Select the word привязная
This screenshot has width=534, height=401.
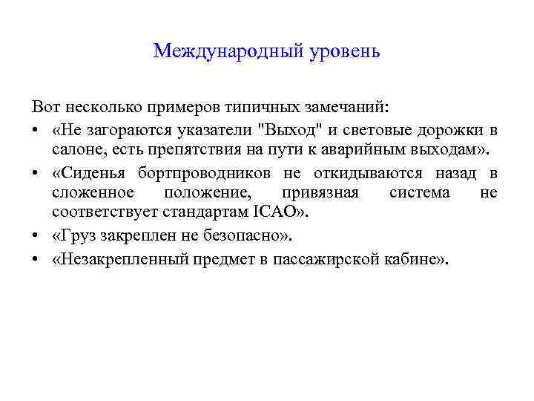point(320,194)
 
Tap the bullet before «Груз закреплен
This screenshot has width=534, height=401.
point(36,237)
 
